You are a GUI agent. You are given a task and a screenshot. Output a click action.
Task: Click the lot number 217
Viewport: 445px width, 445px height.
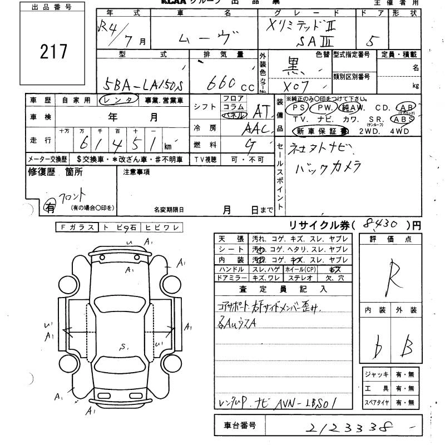point(53,51)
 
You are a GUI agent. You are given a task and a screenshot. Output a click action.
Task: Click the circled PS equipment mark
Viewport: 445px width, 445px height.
point(298,108)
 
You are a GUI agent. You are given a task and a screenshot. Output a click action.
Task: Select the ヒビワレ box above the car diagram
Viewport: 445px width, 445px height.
point(161,227)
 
